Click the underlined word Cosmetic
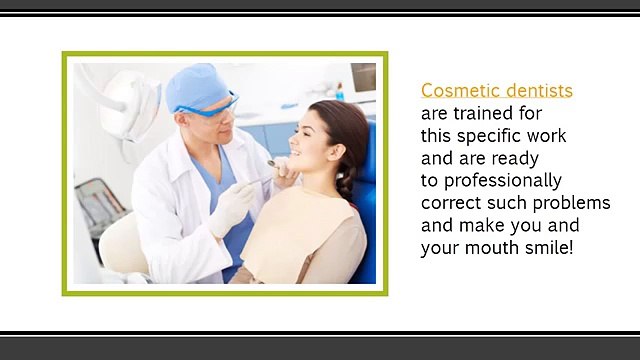pyautogui.click(x=455, y=91)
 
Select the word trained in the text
pyautogui.click(x=476, y=113)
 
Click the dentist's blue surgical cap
pyautogui.click(x=197, y=86)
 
